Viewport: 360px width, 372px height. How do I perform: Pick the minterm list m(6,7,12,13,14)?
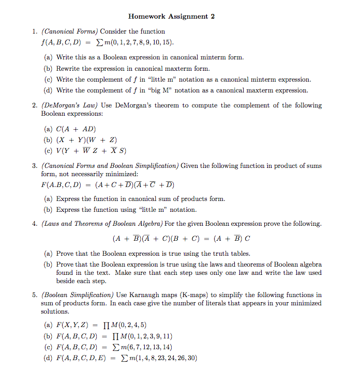point(143,347)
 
